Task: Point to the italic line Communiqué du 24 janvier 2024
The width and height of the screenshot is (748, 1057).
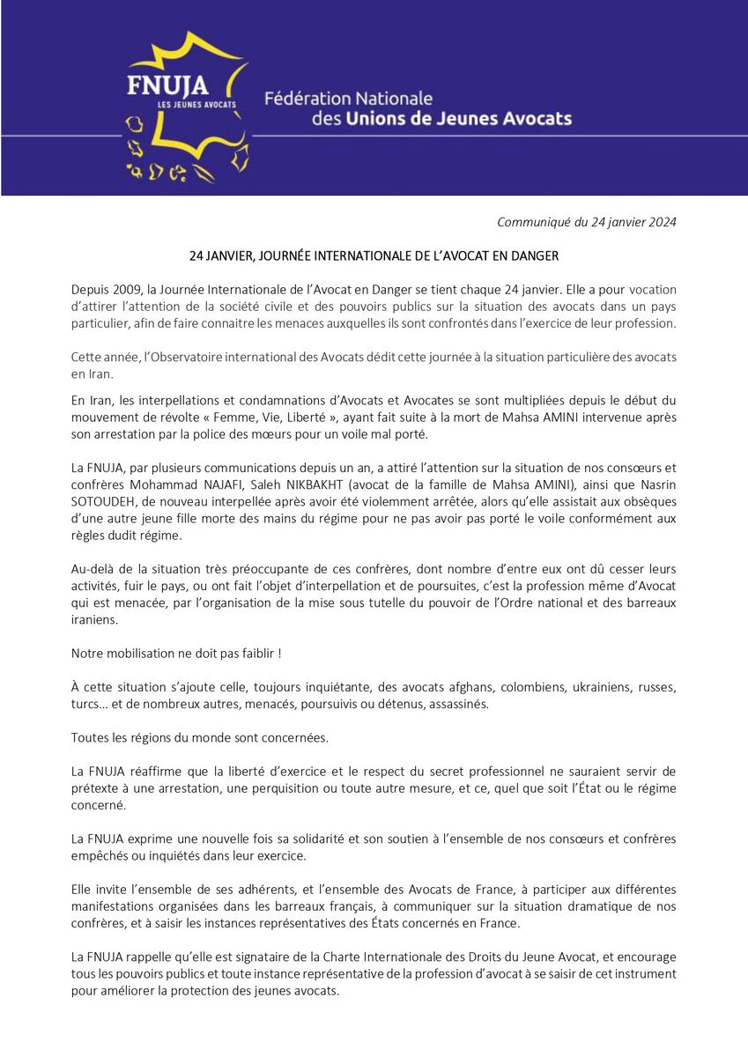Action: click(587, 222)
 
